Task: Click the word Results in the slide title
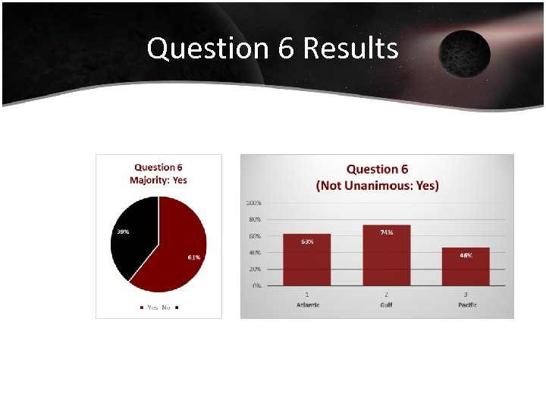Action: (x=350, y=49)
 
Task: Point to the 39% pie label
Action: (x=121, y=231)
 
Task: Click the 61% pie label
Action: (x=194, y=257)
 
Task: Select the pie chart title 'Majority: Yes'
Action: (x=158, y=180)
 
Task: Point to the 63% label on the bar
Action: (x=307, y=241)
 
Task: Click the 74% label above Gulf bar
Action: (x=387, y=232)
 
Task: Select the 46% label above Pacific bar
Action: (x=466, y=255)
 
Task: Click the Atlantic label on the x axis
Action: (x=307, y=304)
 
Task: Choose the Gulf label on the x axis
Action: (x=387, y=304)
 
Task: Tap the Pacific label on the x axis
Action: (x=466, y=304)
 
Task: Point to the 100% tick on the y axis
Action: (x=253, y=203)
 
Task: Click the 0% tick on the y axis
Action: (x=256, y=285)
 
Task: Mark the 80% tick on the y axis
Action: (x=255, y=219)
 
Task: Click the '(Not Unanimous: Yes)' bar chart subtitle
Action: (x=377, y=185)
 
